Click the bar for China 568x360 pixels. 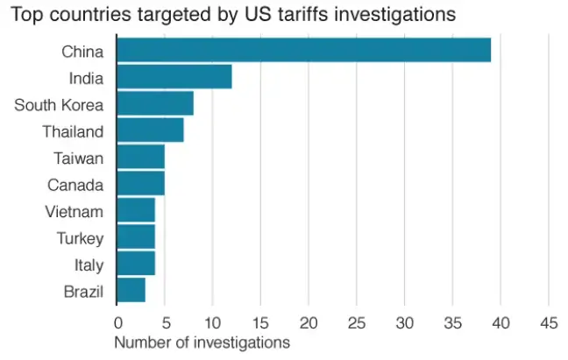point(303,50)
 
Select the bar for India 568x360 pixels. point(174,77)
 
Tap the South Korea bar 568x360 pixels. point(154,104)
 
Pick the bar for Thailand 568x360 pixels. point(150,131)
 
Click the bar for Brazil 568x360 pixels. point(131,290)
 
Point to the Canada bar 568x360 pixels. point(140,184)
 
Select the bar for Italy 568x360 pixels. point(136,264)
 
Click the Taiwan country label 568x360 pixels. point(78,159)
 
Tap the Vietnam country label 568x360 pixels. point(74,211)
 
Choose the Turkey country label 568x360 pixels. point(80,237)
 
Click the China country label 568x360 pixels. point(82,52)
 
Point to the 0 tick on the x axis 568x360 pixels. point(117,321)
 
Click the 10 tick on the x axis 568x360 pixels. point(212,321)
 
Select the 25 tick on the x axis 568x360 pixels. point(357,321)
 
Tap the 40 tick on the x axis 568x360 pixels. point(500,321)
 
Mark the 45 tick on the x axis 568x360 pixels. point(548,321)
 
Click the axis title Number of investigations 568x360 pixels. point(202,342)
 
